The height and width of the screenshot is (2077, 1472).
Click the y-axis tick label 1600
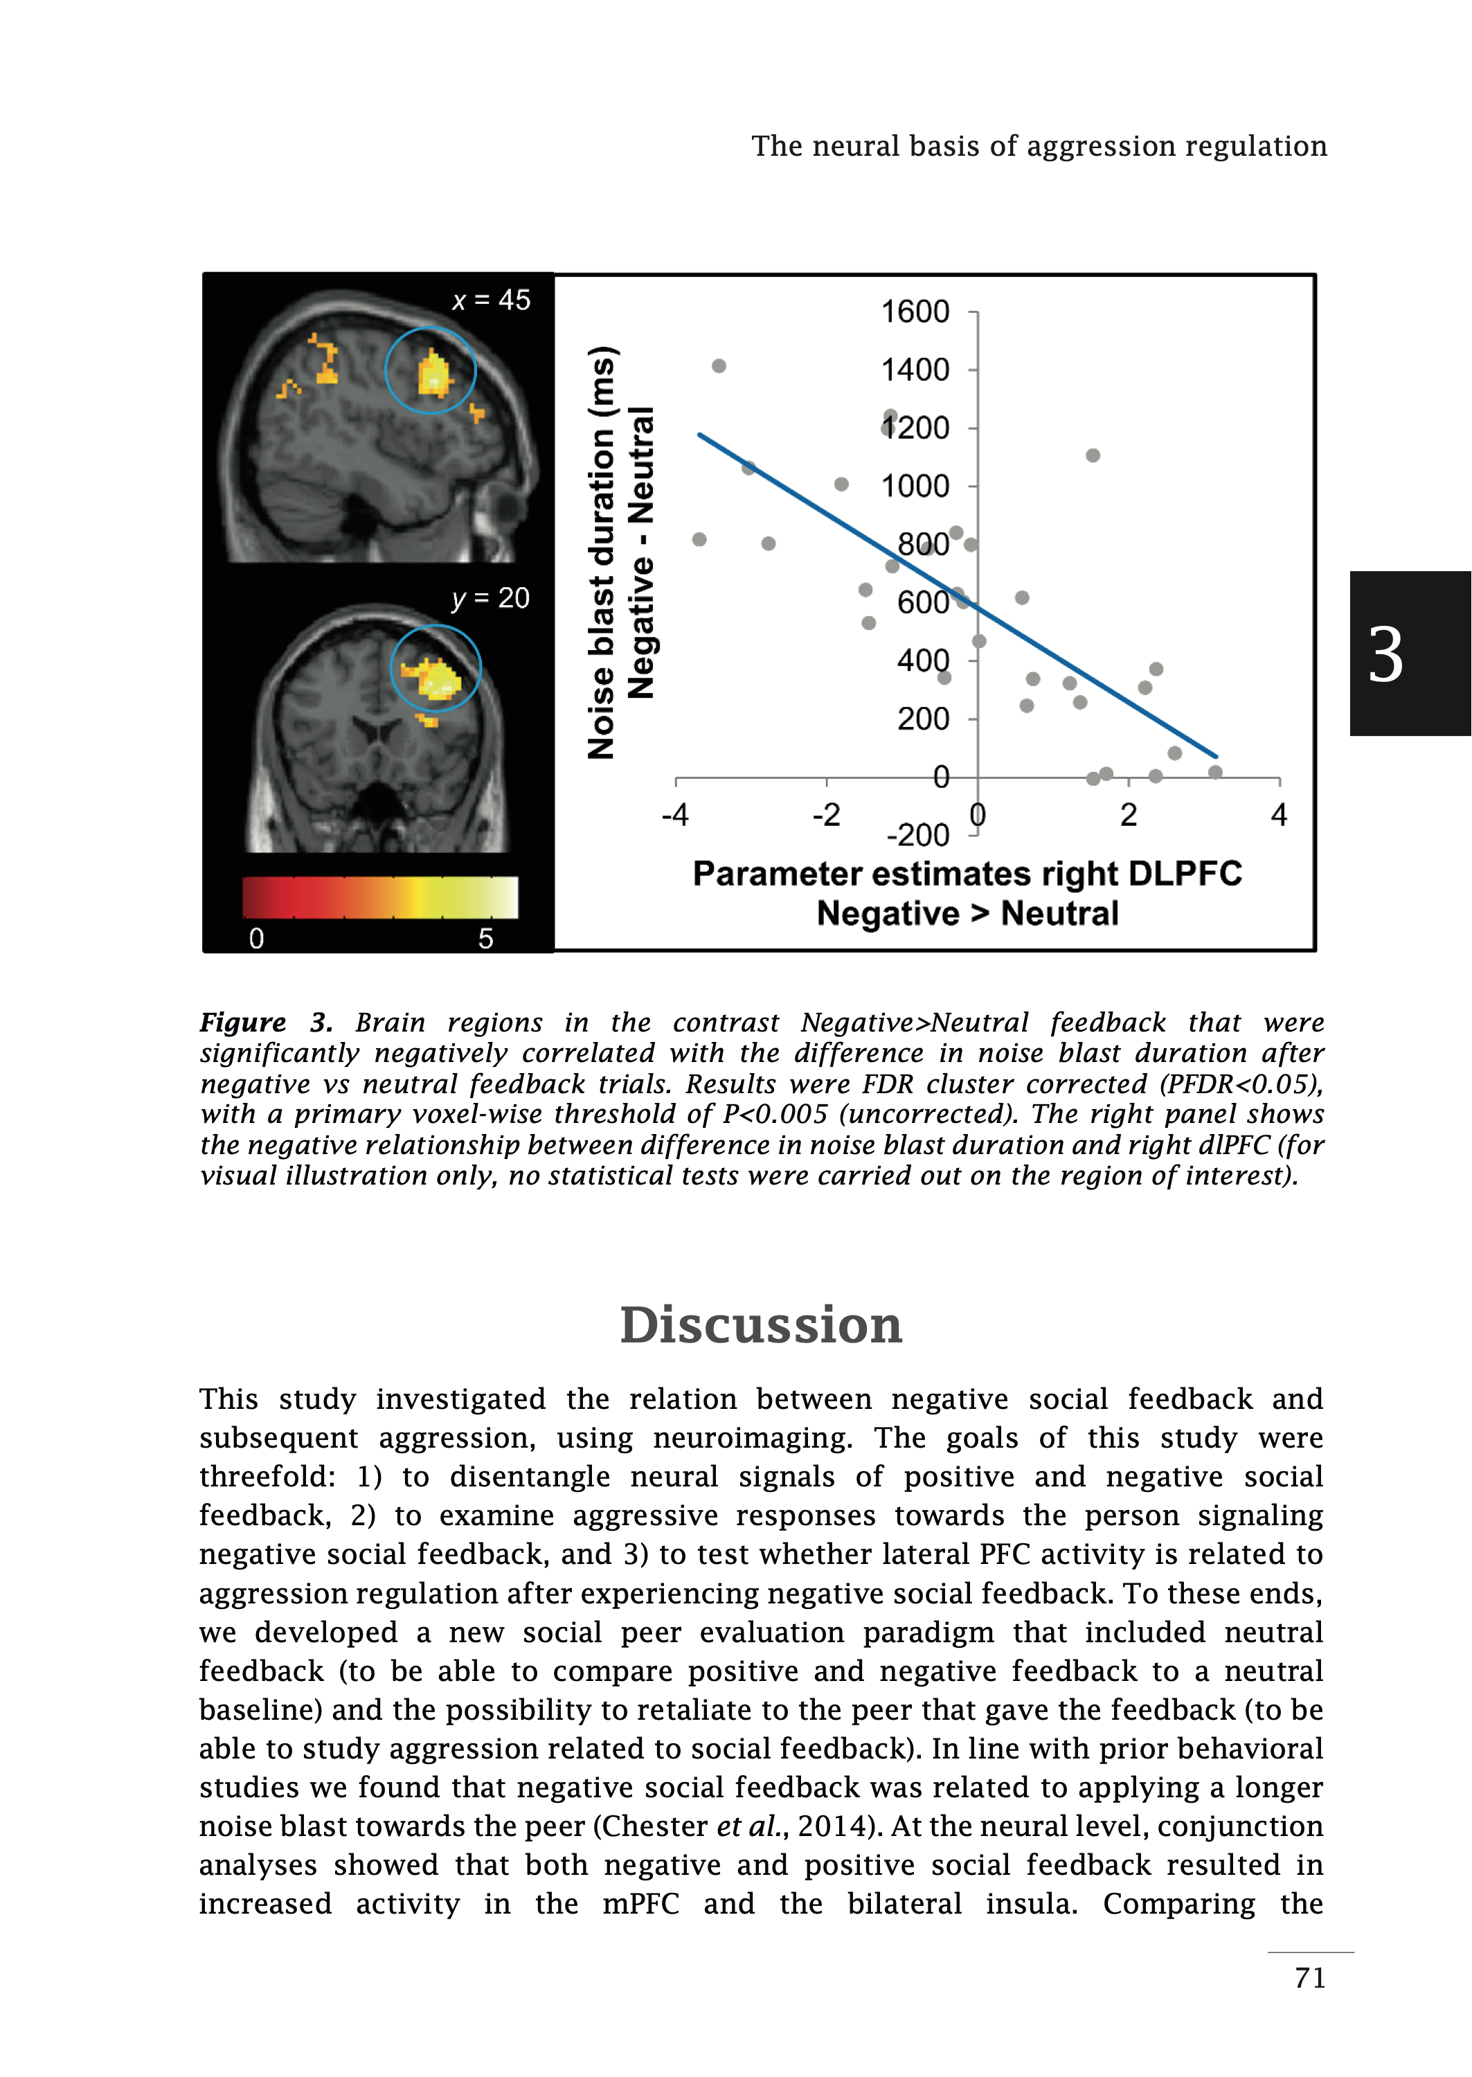click(x=915, y=312)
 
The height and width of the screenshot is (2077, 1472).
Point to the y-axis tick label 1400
click(x=915, y=370)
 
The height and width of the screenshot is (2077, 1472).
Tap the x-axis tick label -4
click(x=674, y=815)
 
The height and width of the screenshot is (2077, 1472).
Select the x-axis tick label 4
click(x=1278, y=815)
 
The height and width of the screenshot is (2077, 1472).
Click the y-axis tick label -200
click(x=917, y=834)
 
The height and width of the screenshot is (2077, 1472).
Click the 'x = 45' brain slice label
click(x=492, y=300)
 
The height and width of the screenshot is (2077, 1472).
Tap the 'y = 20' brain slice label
click(x=490, y=598)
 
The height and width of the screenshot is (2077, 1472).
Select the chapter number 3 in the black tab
click(x=1385, y=654)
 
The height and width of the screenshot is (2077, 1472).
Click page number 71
click(x=1310, y=1977)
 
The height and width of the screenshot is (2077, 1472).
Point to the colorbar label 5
click(x=486, y=939)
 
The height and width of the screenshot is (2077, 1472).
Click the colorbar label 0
click(x=256, y=939)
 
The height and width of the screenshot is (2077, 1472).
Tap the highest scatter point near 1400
click(x=719, y=366)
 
